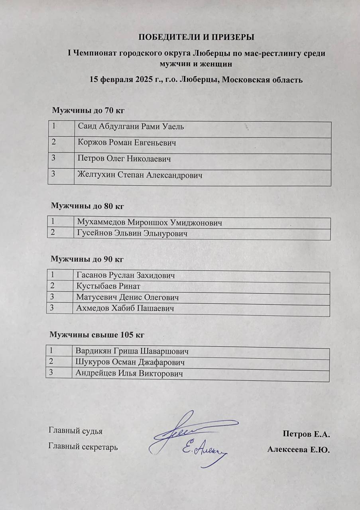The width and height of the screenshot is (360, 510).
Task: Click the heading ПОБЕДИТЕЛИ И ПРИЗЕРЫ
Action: pyautogui.click(x=196, y=37)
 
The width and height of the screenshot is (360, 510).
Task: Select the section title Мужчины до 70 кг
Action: pyautogui.click(x=89, y=110)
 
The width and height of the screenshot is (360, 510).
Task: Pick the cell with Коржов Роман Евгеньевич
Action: pyautogui.click(x=127, y=143)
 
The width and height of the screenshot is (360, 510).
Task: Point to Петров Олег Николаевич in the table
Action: pyautogui.click(x=125, y=159)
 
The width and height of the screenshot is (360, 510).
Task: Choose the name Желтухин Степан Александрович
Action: pyautogui.click(x=140, y=175)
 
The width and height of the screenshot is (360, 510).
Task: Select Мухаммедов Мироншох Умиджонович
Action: pyautogui.click(x=150, y=223)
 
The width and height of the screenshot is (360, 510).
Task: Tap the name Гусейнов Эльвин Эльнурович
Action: pyautogui.click(x=132, y=233)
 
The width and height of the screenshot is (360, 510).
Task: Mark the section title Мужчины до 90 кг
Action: pyautogui.click(x=87, y=259)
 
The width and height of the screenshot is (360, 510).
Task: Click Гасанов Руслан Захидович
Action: pyautogui.click(x=125, y=275)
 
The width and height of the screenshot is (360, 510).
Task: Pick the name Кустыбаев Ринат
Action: pyautogui.click(x=108, y=286)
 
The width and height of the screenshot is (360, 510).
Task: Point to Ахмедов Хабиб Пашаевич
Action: pyautogui.click(x=125, y=308)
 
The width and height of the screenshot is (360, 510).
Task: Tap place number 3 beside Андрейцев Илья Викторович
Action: pyautogui.click(x=51, y=373)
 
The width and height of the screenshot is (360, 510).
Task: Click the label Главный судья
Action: pyautogui.click(x=75, y=431)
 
